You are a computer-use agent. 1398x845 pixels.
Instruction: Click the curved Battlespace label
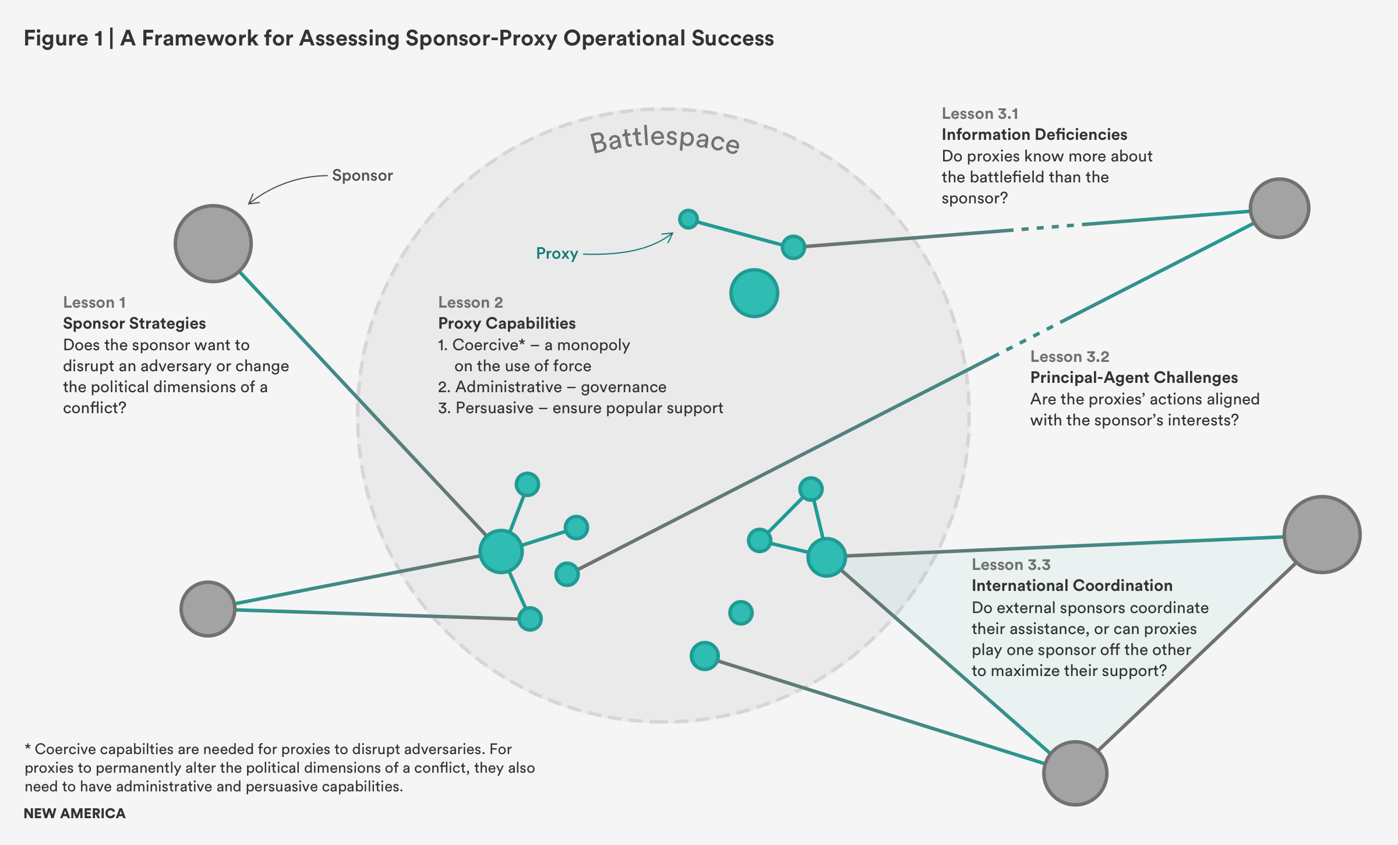coord(665,140)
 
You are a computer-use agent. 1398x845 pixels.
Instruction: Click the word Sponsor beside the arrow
coord(362,175)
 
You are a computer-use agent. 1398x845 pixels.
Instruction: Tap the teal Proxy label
coord(557,254)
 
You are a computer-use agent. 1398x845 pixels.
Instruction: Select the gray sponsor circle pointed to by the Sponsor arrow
coord(213,244)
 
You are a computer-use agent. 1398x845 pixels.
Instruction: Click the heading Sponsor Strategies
coord(135,323)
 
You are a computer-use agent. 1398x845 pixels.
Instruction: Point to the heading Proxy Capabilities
coord(507,323)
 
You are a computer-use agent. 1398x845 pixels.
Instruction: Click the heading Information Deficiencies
coord(1034,135)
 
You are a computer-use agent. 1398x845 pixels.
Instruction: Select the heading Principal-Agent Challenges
coord(1134,378)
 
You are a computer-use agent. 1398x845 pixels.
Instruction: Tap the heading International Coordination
coord(1072,586)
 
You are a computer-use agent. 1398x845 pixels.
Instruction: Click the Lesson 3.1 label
coord(980,114)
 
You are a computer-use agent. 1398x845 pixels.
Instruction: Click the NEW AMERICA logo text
coord(75,814)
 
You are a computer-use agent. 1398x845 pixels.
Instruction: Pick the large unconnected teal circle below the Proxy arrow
coord(754,293)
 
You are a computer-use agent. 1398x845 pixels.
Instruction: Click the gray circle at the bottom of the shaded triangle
coord(1075,773)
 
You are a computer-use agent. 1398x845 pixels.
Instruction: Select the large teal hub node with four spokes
coord(501,551)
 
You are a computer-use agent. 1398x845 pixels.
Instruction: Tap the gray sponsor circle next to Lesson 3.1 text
coord(1279,208)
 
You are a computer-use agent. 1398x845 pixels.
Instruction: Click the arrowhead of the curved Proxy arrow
coord(670,236)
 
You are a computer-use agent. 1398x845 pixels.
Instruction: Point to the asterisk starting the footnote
coord(27,748)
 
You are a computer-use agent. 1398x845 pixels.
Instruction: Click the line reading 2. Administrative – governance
coord(552,387)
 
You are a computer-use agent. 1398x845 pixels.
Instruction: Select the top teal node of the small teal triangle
coord(811,489)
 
